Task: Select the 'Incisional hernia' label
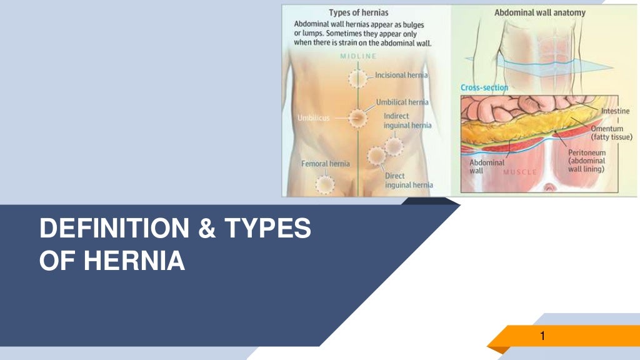pyautogui.click(x=401, y=75)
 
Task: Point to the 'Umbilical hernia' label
pyautogui.click(x=402, y=102)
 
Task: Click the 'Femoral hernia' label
pyautogui.click(x=325, y=164)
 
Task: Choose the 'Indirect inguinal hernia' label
pyautogui.click(x=407, y=121)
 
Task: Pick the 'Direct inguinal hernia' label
pyautogui.click(x=409, y=180)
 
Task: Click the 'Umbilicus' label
pyautogui.click(x=314, y=117)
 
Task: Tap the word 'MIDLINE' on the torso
pyautogui.click(x=358, y=56)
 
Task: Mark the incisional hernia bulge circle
pyautogui.click(x=358, y=79)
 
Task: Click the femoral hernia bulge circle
pyautogui.click(x=324, y=184)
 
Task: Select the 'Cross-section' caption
pyautogui.click(x=484, y=88)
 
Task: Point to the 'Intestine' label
pyautogui.click(x=616, y=111)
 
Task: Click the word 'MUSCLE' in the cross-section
pyautogui.click(x=521, y=171)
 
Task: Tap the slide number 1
pyautogui.click(x=542, y=337)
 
